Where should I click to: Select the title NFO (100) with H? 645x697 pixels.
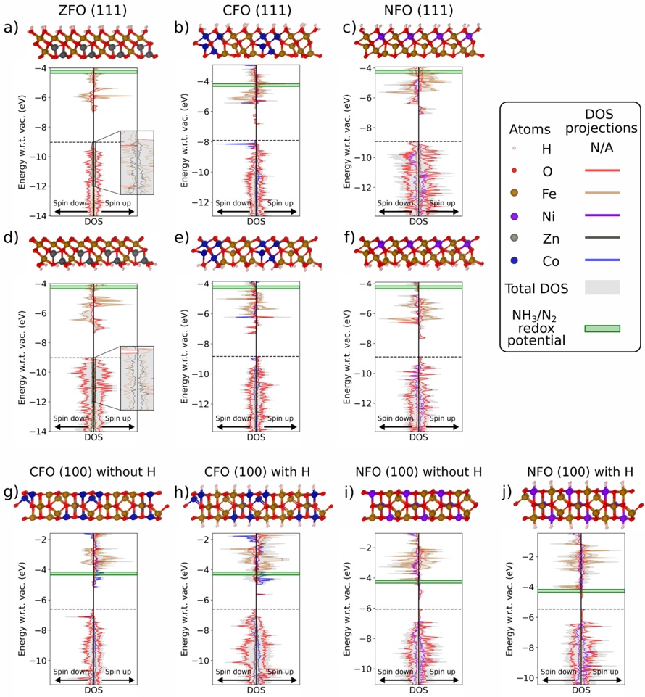[x=579, y=472]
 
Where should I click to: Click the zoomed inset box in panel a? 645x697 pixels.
[x=137, y=162]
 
